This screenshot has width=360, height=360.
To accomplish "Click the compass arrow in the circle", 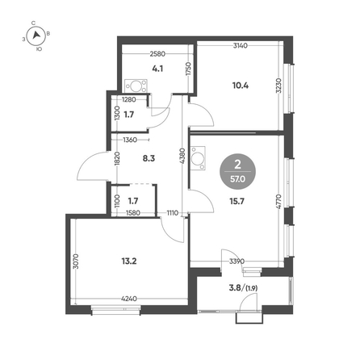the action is pyautogui.click(x=36, y=35).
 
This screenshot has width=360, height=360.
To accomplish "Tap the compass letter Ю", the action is pyautogui.click(x=39, y=49).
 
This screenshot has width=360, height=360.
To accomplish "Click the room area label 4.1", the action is pyautogui.click(x=157, y=69).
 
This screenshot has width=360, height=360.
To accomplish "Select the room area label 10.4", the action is pyautogui.click(x=241, y=86).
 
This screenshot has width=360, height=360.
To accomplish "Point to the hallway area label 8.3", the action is pyautogui.click(x=149, y=158).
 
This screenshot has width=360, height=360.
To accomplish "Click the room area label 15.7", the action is pyautogui.click(x=237, y=201).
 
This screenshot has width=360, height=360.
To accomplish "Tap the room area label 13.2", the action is pyautogui.click(x=129, y=261).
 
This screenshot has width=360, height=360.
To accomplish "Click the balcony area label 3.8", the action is pyautogui.click(x=235, y=288).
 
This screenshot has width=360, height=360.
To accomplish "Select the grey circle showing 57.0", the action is pyautogui.click(x=237, y=172).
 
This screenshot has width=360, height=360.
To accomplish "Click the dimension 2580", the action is pyautogui.click(x=157, y=54).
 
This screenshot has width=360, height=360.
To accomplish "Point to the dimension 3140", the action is pyautogui.click(x=241, y=45).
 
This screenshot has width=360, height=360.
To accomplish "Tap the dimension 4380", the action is pyautogui.click(x=182, y=156).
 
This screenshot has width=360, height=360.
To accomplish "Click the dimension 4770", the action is pyautogui.click(x=278, y=202).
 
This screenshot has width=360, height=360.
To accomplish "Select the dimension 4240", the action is pyautogui.click(x=129, y=299).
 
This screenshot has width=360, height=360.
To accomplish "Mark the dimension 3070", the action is pyautogui.click(x=76, y=262).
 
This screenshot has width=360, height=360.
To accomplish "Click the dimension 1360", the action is pyautogui.click(x=130, y=140).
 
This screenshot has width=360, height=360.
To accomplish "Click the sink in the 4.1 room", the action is pyautogui.click(x=136, y=86).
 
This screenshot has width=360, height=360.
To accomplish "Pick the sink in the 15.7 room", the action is pyautogui.click(x=198, y=158).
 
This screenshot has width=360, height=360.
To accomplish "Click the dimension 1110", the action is pyautogui.click(x=173, y=213).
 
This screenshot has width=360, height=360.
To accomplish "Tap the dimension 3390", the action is pyautogui.click(x=237, y=261).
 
